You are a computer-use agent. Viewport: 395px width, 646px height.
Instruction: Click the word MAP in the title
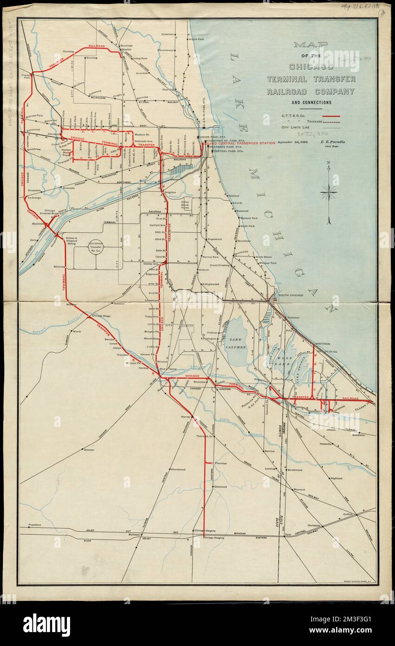(311, 45)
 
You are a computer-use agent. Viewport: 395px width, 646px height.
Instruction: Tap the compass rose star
(328, 191)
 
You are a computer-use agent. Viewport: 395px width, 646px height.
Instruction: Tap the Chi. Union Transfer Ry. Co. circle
(96, 247)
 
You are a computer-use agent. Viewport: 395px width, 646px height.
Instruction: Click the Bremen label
(89, 450)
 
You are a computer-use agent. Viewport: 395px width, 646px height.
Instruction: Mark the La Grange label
(35, 198)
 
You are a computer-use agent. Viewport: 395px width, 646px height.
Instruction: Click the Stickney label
(59, 267)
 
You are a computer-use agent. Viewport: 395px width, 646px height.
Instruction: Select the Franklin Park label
(26, 76)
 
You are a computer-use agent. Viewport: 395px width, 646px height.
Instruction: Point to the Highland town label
(336, 478)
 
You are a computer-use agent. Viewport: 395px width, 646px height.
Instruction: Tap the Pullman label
(212, 333)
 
